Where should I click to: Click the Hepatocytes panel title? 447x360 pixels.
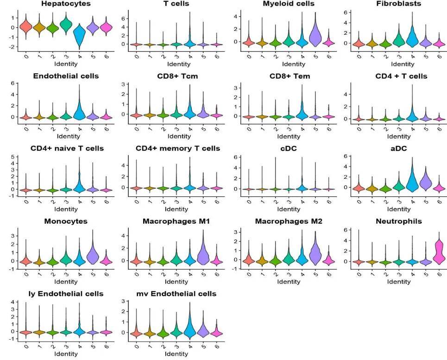tap(65, 4)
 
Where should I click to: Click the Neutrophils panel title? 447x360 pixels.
tap(399, 221)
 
